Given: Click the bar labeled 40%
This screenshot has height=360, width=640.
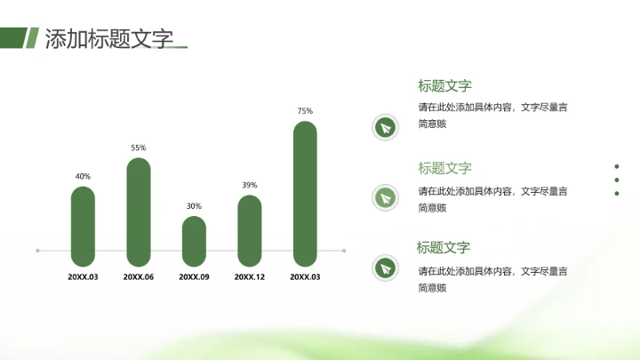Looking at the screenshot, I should coord(83,227).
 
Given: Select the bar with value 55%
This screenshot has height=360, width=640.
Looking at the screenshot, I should coord(139,212).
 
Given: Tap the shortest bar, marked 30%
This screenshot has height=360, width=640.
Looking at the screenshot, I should coord(194,241).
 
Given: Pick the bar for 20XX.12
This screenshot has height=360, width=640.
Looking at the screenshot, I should coord(250,231).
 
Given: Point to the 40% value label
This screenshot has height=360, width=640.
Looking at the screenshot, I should coord(83,176).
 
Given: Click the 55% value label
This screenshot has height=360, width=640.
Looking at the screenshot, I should coord(139,148).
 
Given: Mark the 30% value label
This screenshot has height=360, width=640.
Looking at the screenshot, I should coord(194,206).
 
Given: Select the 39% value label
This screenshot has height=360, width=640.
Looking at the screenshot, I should coord(250,185).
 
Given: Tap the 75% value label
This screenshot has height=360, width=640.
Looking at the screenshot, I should coord(305,111).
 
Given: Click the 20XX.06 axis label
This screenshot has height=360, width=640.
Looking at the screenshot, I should coord(139,277).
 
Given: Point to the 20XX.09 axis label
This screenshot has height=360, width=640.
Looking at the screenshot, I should coord(194,277).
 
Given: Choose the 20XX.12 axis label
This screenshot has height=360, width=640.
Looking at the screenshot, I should coord(250,277).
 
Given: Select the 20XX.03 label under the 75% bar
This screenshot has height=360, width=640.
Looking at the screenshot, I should coord(305,277).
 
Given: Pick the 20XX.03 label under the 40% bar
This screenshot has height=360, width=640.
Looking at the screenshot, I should coord(83,277).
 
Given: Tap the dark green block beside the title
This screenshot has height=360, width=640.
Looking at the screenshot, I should coord(11,37).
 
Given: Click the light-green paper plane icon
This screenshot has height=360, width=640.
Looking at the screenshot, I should coord(385,196).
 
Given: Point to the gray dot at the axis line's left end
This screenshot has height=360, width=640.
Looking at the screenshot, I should coord(37,251).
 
